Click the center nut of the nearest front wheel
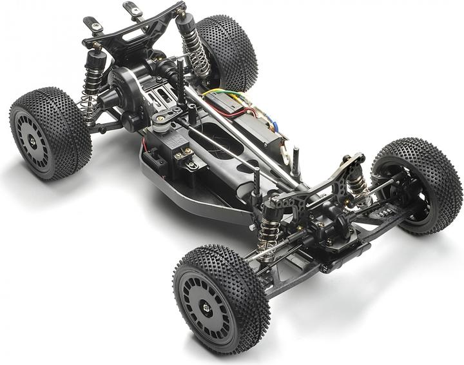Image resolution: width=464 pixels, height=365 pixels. coord(206,308)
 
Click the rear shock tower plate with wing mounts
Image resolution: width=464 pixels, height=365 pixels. coord(132,29)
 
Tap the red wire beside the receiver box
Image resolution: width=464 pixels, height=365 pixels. coord(248,113)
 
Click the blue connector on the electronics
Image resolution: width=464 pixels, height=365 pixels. coord(274,126)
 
